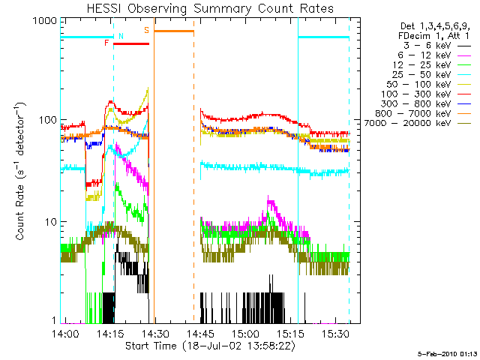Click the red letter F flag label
click(x=106, y=43)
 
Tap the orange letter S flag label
click(x=146, y=30)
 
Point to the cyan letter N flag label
click(x=121, y=36)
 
